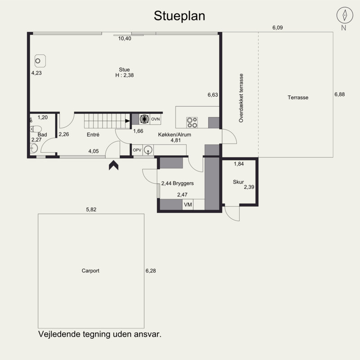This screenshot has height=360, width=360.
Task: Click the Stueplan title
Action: [180, 16]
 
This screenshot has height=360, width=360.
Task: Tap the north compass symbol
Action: [343, 15]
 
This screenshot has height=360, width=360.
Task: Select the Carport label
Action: [90, 271]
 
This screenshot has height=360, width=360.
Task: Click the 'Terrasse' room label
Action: [298, 97]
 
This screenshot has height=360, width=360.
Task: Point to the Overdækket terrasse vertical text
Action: [241, 98]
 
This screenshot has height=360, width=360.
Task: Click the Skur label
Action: [238, 182]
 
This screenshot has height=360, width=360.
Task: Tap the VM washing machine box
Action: [188, 205]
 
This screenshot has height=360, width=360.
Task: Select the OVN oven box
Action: [155, 119]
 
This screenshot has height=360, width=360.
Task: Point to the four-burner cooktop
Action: [192, 122]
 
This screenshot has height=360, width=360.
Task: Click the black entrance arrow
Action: [113, 165]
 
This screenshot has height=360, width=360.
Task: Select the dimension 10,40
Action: [125, 39]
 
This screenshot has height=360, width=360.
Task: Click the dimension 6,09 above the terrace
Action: [278, 28]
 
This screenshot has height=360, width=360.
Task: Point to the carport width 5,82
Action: [91, 209]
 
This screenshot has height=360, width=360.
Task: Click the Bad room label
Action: [42, 135]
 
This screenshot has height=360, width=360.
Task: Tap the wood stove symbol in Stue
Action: [40, 60]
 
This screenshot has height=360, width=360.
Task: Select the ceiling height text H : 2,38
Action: [125, 75]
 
